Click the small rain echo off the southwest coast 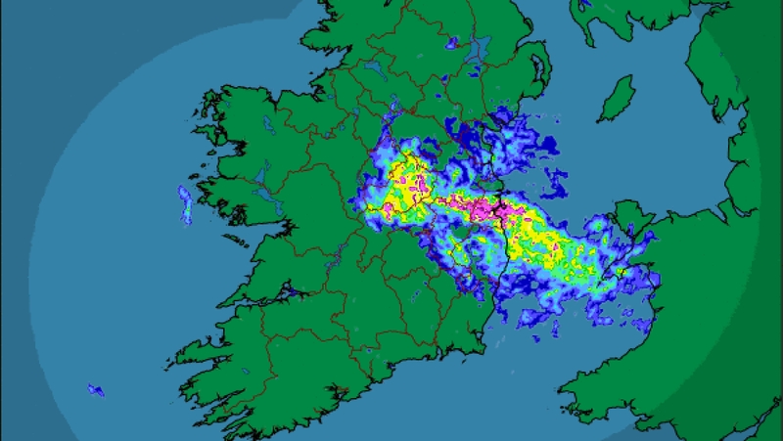click(x=95, y=389)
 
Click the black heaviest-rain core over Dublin click(x=502, y=207)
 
